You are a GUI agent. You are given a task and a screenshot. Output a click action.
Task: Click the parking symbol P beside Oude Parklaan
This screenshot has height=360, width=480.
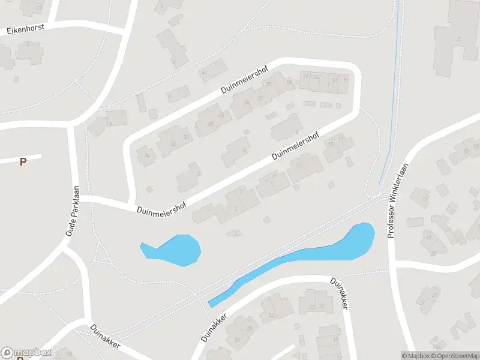(23, 161)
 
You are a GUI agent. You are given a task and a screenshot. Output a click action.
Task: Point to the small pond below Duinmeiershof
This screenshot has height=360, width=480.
(177, 250)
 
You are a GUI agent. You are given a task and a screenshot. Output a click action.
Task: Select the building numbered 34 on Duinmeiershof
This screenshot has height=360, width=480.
(146, 154)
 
